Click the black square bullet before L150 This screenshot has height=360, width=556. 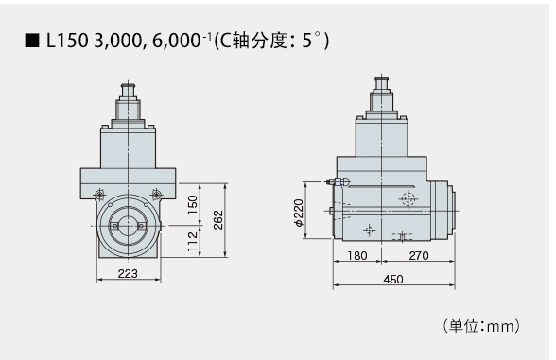coord(32,41)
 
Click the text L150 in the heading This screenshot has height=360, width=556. coord(67,41)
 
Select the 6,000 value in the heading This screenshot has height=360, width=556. coord(177,41)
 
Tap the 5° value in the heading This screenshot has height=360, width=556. coord(311,40)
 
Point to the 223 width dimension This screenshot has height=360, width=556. coord(128,274)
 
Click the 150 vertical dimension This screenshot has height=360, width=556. coord(192,204)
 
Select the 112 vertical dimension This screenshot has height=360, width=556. coord(192,242)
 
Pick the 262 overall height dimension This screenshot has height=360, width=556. coord(218,219)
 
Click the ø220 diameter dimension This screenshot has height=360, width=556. coord(299,213)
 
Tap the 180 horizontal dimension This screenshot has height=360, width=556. coord(357,255)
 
